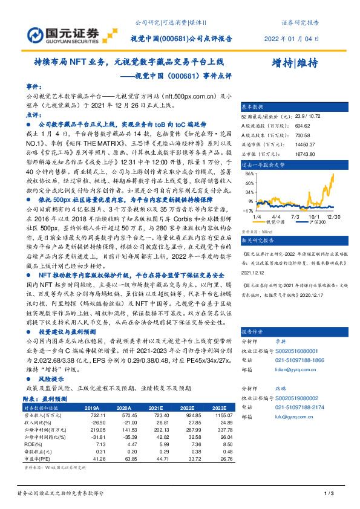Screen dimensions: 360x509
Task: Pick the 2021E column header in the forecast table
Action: point(156,408)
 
